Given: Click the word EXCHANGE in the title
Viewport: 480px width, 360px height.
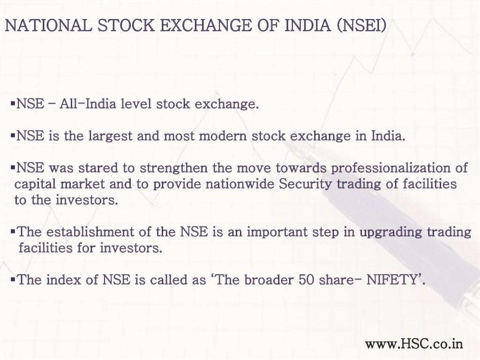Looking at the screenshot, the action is [205, 25].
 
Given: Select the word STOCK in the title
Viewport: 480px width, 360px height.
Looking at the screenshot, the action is [126, 25].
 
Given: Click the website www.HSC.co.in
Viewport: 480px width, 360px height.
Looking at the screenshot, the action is [414, 344].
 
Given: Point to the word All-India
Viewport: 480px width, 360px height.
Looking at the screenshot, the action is [88, 104].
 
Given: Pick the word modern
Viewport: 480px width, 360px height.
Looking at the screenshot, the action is [223, 135].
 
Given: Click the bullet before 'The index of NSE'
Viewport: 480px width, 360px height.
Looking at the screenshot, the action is [13, 279].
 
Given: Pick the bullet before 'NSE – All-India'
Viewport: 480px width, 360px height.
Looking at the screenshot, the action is [13, 103].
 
